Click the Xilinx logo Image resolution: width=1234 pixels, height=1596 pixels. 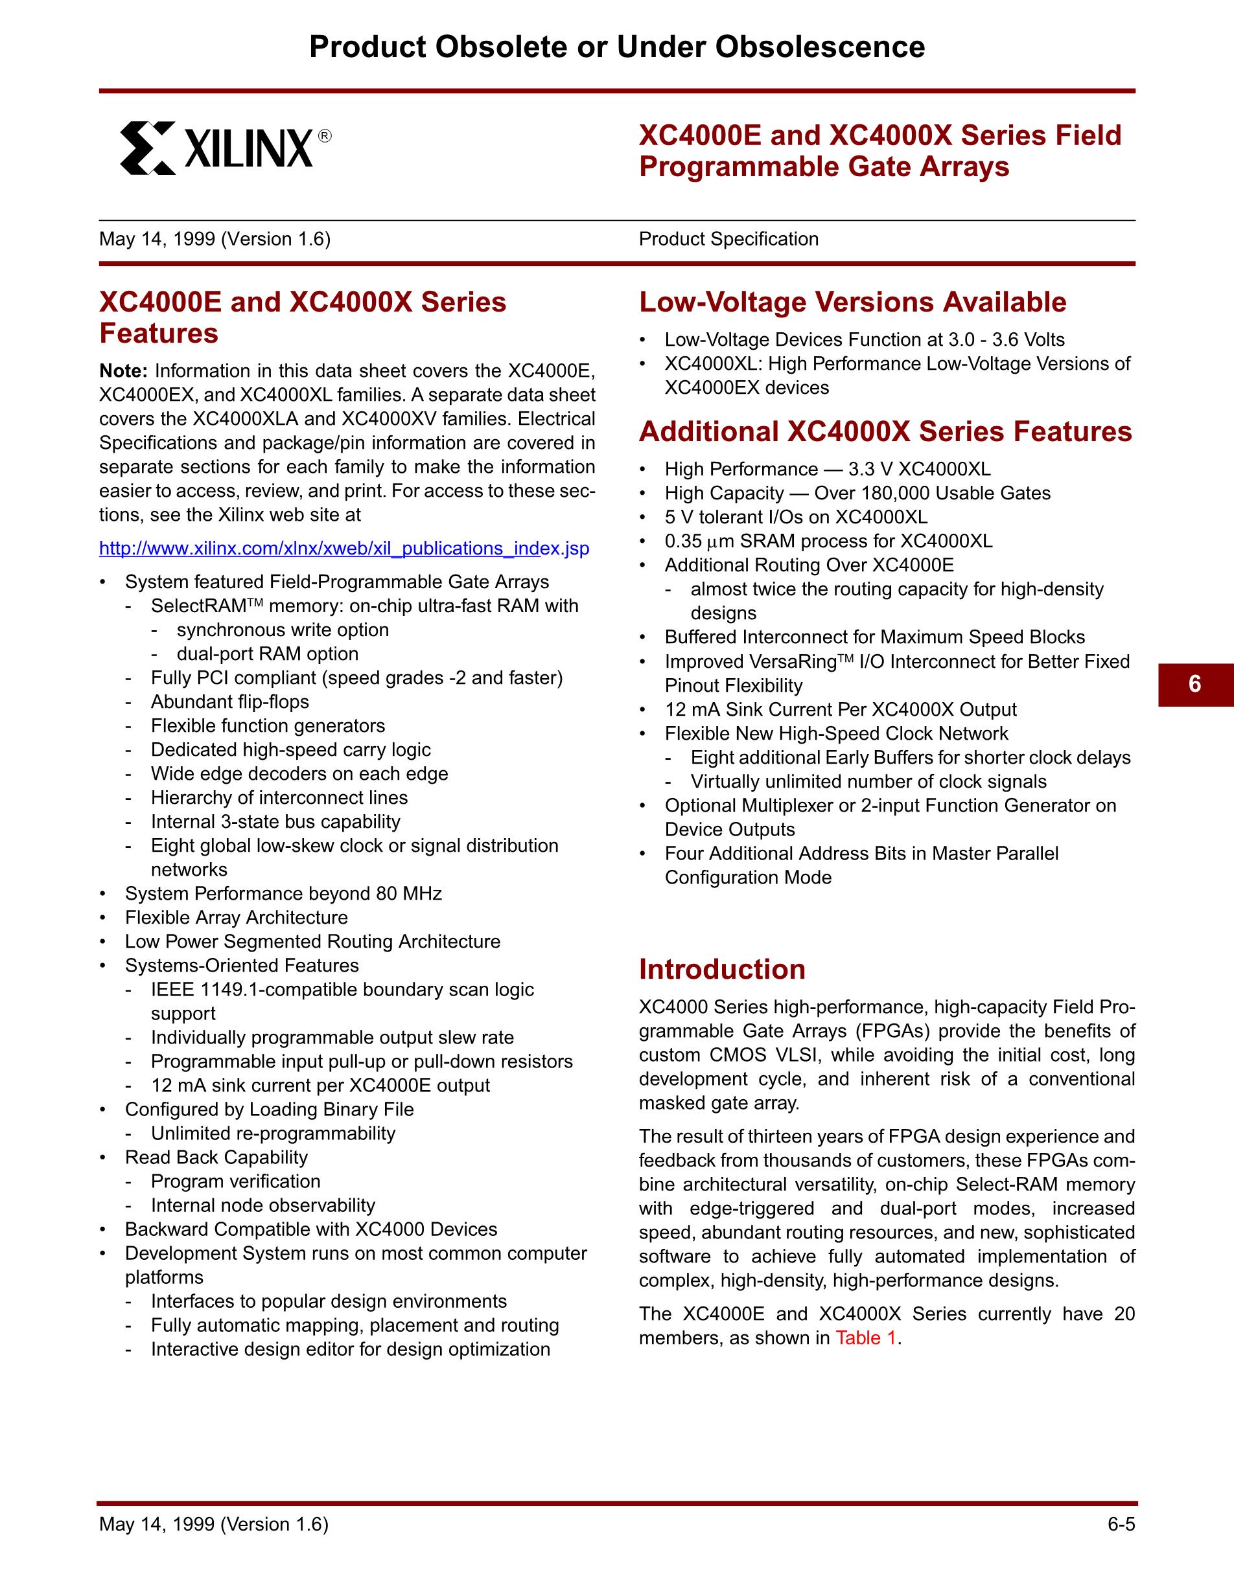tap(217, 148)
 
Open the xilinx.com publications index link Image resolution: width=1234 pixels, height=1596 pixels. tap(343, 549)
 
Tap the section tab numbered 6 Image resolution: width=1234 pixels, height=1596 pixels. tap(1195, 684)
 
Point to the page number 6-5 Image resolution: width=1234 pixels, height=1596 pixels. tap(1121, 1523)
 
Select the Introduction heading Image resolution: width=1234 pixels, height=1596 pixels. tap(721, 970)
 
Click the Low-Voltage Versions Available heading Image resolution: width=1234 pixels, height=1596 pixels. tap(852, 302)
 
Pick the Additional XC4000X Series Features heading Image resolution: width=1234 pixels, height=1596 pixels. tap(885, 432)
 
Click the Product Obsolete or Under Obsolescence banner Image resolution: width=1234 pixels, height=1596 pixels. tap(617, 47)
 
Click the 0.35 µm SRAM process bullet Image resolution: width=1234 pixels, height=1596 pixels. tap(828, 541)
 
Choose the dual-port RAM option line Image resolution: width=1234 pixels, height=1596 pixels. tap(267, 654)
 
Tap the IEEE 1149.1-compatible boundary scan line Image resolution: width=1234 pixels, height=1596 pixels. tap(342, 990)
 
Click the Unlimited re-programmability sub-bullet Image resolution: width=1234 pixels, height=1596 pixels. tap(273, 1134)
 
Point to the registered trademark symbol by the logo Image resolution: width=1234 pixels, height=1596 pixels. tap(325, 136)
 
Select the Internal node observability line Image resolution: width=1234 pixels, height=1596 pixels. tap(262, 1205)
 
